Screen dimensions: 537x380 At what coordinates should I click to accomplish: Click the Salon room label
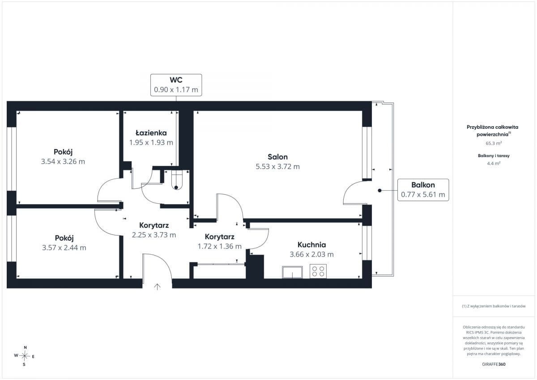pos(277,157)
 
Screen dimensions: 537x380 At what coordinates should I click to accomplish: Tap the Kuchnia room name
pos(311,245)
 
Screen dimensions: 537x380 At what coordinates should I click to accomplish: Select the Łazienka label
pos(151,132)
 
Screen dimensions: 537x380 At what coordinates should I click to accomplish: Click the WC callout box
pos(176,85)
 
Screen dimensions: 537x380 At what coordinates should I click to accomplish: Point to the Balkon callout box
pos(423,190)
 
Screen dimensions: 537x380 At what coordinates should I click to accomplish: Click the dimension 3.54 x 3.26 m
pos(63,162)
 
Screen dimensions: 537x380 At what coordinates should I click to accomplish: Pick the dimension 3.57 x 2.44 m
pos(64,248)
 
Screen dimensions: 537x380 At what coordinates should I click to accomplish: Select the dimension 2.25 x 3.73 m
pos(154,235)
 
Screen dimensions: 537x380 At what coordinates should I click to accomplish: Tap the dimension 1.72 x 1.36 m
pos(220,247)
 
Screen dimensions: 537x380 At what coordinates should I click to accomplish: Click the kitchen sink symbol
pos(292,272)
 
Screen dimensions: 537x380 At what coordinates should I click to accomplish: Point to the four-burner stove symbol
pos(318,271)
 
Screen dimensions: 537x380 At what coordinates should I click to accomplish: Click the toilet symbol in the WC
pos(177,180)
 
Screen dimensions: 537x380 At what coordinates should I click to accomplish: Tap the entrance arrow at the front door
pos(157,287)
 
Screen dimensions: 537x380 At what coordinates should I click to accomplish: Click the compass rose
pos(24,356)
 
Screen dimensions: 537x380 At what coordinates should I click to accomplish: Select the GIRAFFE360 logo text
pos(494,364)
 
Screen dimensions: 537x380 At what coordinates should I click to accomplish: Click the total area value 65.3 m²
pos(494,143)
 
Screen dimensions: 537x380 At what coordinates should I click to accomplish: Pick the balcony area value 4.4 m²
pos(494,163)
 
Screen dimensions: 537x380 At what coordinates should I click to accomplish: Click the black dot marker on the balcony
pos(379,191)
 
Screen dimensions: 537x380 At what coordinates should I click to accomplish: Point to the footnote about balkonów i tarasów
pos(494,306)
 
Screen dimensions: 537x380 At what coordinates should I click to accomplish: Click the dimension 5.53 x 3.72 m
pos(277,167)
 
